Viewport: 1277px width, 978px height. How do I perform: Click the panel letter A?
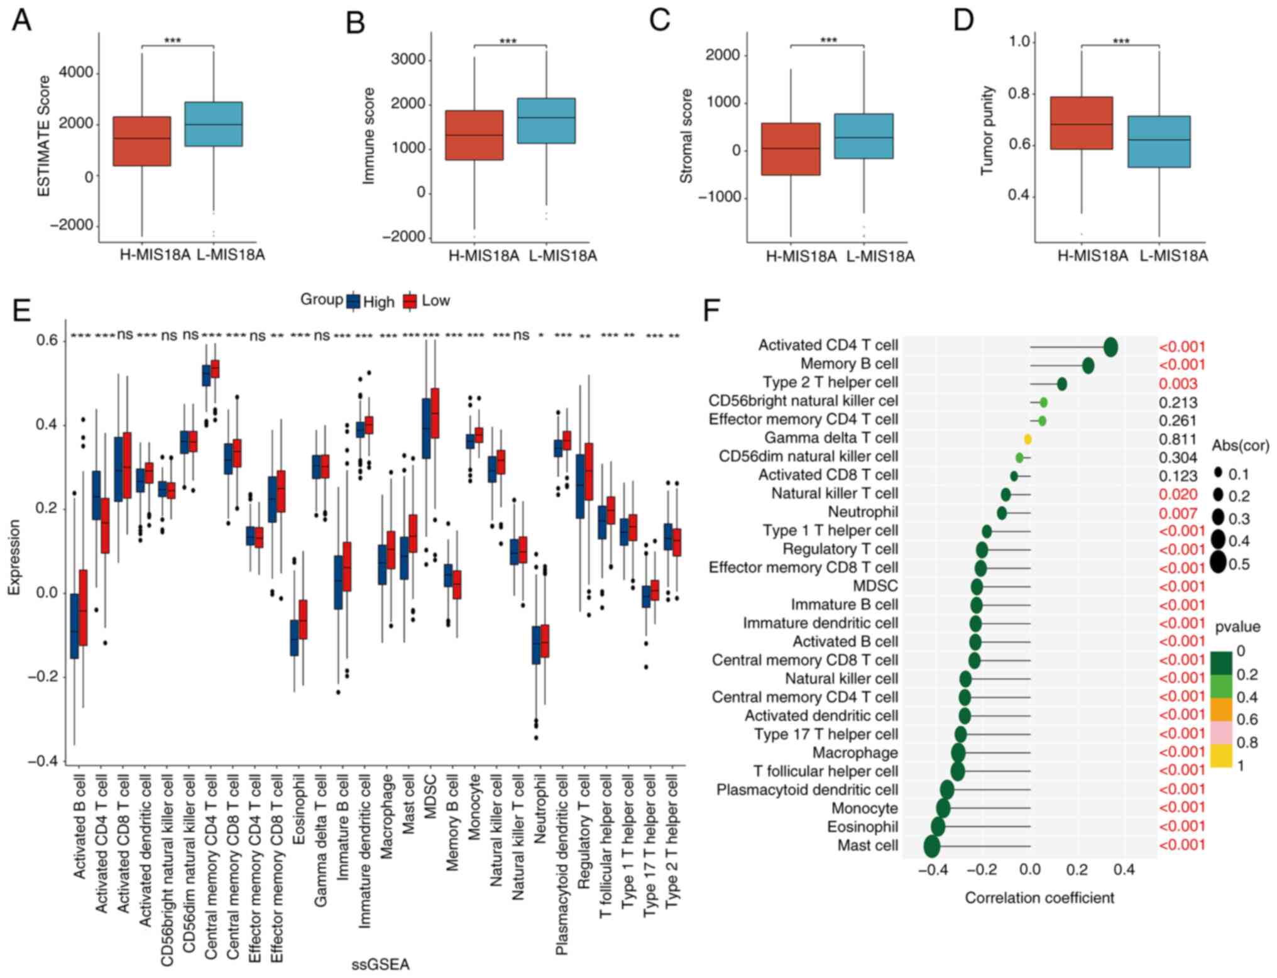tap(21, 20)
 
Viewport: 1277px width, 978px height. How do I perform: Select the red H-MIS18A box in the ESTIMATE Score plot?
tap(141, 141)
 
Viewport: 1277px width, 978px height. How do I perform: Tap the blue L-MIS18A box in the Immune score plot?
tap(545, 121)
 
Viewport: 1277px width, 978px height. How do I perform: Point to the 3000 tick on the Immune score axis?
tap(408, 60)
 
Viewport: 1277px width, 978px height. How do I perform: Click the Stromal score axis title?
tap(686, 136)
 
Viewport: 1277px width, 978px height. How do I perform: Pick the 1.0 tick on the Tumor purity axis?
tap(1019, 41)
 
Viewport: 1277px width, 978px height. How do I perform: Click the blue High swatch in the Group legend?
tap(353, 302)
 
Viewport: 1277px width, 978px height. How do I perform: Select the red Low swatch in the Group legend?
tap(410, 302)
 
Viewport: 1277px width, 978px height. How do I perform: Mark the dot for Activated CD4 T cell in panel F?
tap(1110, 346)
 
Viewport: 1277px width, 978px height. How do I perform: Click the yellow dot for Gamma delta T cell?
tap(1028, 439)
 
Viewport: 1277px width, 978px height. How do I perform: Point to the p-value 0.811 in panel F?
tap(1178, 439)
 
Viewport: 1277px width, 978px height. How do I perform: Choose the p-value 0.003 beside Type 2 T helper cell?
tap(1178, 383)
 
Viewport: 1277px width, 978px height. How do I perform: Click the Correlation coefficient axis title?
tap(1039, 898)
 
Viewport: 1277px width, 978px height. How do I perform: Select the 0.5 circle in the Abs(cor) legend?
tap(1219, 563)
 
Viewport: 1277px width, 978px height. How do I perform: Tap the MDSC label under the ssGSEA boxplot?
tap(430, 796)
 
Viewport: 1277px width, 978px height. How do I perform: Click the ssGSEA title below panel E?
tap(380, 964)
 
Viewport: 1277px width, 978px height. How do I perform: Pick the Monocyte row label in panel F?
tap(864, 808)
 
